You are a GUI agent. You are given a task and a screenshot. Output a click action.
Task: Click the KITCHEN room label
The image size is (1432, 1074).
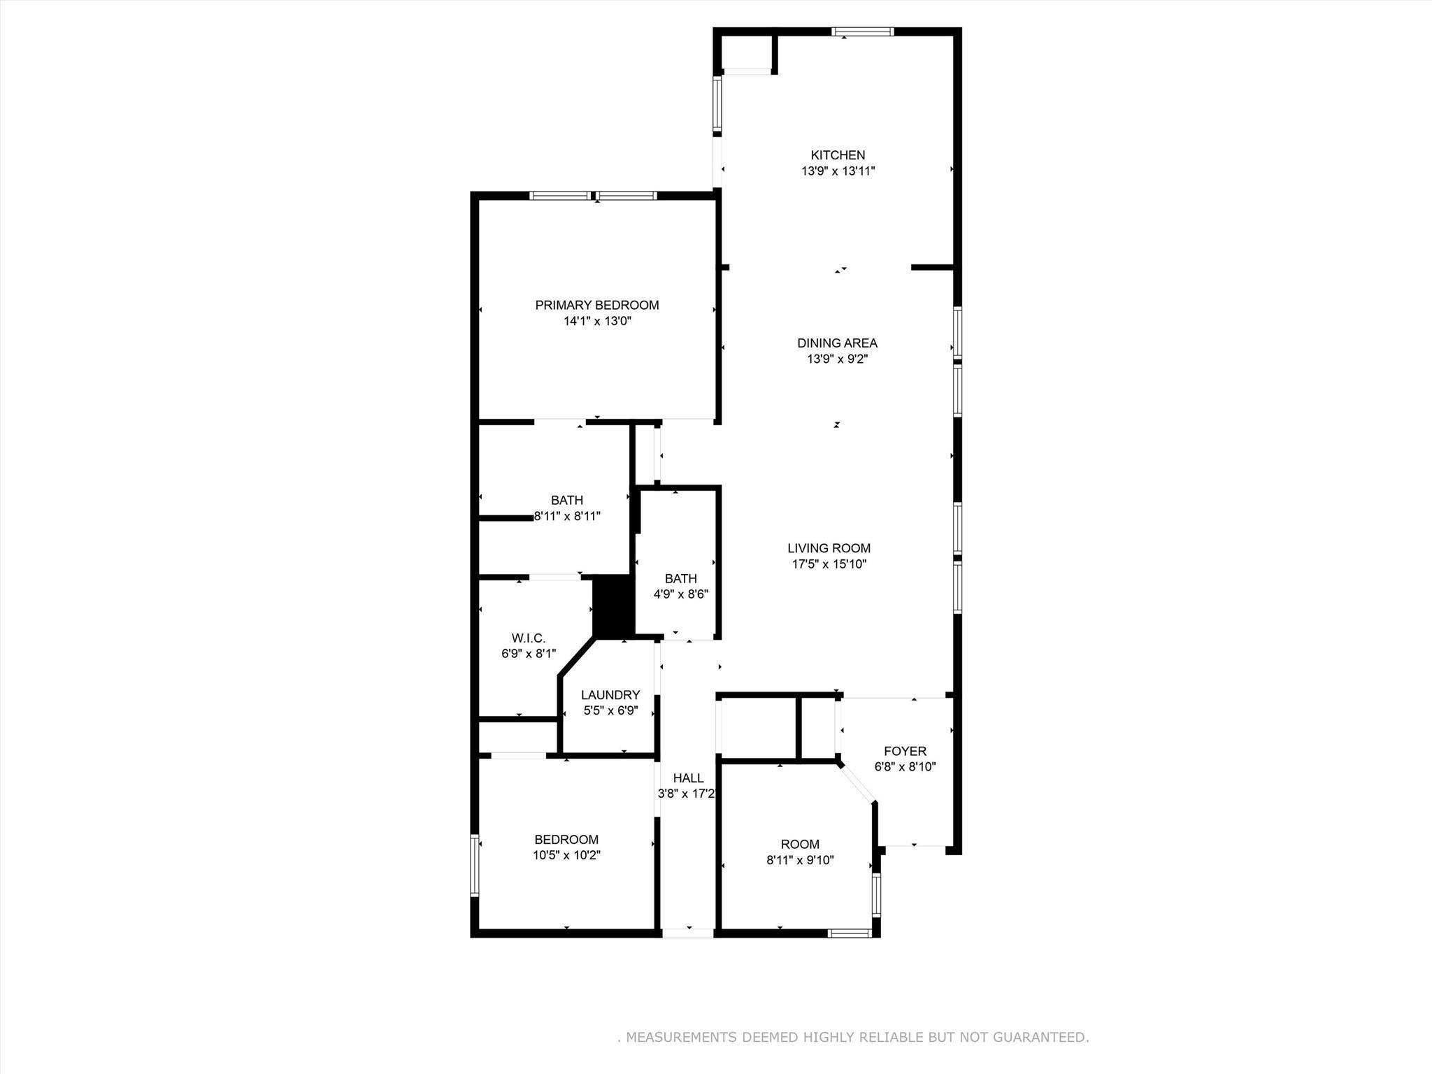coord(838,155)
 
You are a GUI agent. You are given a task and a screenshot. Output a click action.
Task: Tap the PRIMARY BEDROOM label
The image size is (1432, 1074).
coord(596,305)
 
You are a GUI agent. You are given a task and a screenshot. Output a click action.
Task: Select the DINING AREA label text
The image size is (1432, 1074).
coord(837,343)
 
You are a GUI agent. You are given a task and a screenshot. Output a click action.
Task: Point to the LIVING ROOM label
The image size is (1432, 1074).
coord(829,548)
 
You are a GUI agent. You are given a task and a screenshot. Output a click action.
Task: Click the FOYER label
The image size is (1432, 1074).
coord(905,751)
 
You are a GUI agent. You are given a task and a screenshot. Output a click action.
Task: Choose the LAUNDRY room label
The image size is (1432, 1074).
coord(610,695)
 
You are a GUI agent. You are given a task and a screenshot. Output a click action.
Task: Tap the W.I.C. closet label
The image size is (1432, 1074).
coord(528,638)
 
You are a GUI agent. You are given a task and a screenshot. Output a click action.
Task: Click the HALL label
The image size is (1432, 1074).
coord(688,778)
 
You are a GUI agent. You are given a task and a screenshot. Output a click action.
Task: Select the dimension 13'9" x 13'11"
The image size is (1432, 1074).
coord(838,171)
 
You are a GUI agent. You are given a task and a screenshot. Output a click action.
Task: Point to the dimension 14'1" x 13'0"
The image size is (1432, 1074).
coord(596,322)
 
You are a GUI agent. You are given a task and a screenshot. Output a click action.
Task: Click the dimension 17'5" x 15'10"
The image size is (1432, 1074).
coord(829,564)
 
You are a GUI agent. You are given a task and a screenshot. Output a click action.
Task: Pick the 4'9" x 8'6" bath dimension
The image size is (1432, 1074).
coord(680,595)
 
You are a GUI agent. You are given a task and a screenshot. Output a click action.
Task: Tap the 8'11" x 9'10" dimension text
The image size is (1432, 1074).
coord(800,861)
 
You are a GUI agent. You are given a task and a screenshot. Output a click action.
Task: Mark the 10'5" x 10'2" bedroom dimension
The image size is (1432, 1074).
coord(566,855)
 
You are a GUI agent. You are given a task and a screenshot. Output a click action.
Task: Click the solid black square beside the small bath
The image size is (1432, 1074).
coord(613,606)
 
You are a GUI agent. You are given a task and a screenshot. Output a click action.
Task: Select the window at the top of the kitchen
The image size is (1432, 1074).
coord(862,31)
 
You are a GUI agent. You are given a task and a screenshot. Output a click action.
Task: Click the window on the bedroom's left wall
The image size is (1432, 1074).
coord(475,865)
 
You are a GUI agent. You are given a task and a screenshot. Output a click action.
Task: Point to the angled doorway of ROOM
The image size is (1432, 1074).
coord(857,784)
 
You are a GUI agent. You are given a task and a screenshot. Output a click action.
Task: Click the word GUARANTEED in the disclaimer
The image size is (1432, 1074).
coord(1040,1037)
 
